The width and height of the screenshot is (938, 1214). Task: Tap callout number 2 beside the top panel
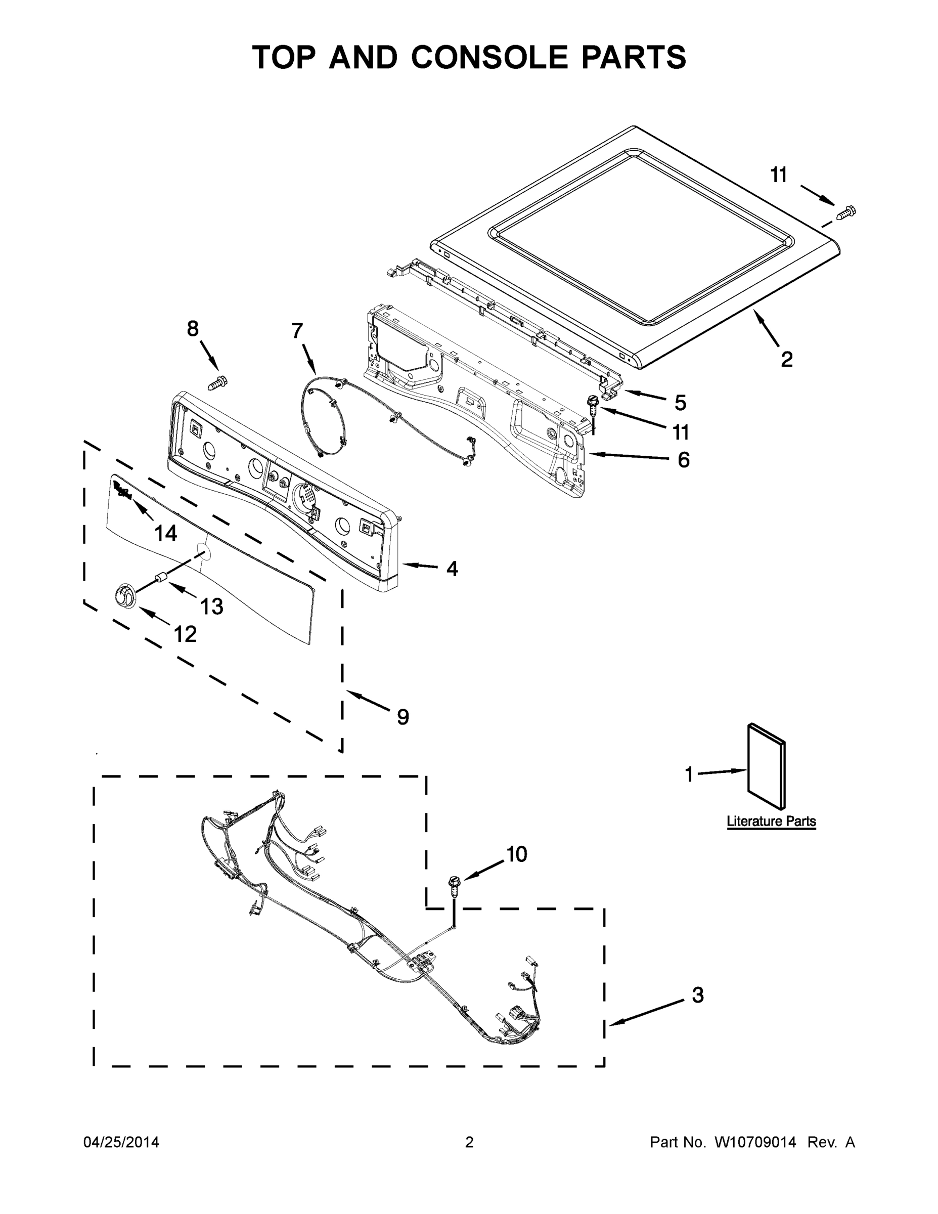coord(786,360)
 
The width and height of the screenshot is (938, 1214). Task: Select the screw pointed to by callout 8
coord(217,382)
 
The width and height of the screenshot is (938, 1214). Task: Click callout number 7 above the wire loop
coord(297,331)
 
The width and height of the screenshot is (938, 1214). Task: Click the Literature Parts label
coord(771,821)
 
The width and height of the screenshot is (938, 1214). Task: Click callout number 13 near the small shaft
coord(211,606)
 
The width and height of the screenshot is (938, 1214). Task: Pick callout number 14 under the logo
coord(165,534)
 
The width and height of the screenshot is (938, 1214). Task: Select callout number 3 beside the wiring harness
coord(698,995)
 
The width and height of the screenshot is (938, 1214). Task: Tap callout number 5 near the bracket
coord(680,403)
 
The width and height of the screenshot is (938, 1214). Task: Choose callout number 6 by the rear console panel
coord(684,460)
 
